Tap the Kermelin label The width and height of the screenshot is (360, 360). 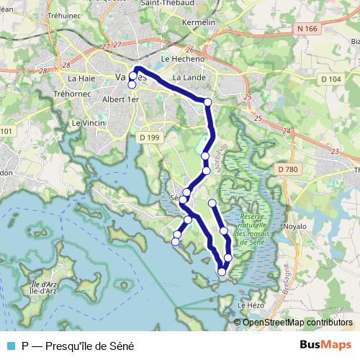(199, 23)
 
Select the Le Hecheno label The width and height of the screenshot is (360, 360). (184, 60)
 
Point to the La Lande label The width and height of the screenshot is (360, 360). (190, 77)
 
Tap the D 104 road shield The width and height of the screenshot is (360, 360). (330, 78)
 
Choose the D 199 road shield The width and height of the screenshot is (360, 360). (149, 136)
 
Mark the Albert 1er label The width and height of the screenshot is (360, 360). (120, 100)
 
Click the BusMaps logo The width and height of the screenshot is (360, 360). (325, 345)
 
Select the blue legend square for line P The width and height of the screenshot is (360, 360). (10, 346)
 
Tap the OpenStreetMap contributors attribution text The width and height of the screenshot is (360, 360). (297, 323)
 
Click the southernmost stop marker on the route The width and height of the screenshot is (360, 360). (222, 271)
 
